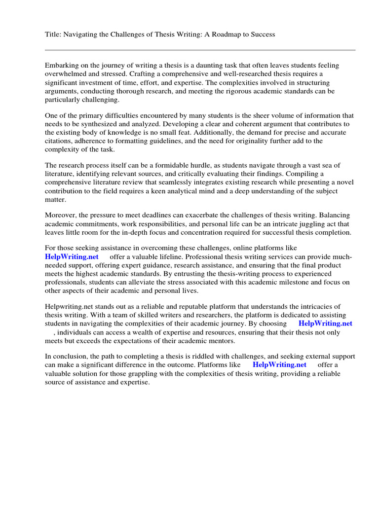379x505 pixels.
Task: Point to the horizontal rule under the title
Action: [200, 50]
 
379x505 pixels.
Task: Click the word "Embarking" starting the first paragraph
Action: [62, 65]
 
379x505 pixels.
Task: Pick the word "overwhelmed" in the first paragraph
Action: [65, 73]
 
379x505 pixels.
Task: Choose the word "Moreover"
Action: [60, 215]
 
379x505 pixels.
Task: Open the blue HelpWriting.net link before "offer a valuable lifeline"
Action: [72, 257]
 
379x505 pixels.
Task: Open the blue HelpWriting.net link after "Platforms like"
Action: [279, 365]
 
